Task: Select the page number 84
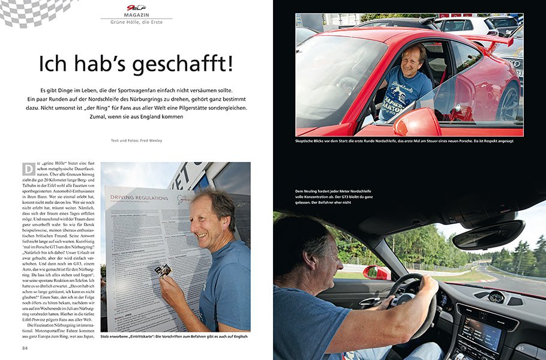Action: (x=25, y=347)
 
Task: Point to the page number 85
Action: (x=521, y=347)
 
